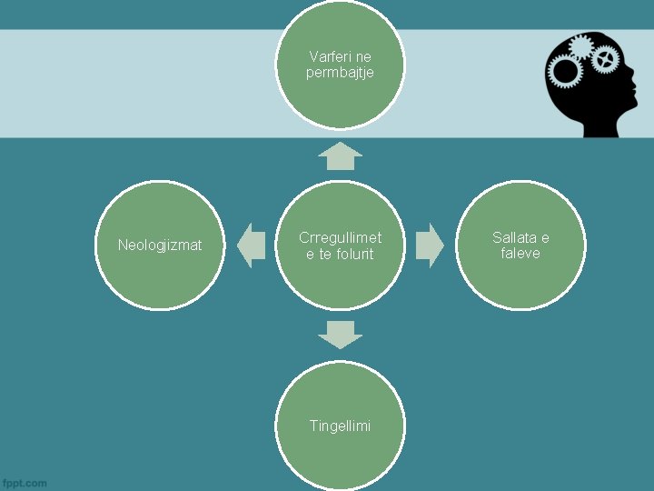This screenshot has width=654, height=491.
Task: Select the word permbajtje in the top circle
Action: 340,73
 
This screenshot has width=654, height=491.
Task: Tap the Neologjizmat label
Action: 160,245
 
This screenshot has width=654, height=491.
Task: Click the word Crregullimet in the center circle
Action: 340,237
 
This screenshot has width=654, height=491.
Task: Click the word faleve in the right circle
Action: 520,254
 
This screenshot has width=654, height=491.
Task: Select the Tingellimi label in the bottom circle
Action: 340,426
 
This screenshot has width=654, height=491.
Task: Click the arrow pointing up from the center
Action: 340,156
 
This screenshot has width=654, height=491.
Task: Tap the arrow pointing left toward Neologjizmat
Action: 251,245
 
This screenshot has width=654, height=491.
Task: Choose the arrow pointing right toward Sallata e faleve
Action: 430,245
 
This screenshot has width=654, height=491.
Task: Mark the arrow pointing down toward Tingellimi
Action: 340,334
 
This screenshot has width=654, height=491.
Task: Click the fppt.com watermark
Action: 25,483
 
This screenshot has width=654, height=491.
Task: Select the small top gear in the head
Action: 581,45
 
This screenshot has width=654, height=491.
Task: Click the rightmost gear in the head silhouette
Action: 604,60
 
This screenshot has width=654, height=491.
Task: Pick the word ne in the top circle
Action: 363,56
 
